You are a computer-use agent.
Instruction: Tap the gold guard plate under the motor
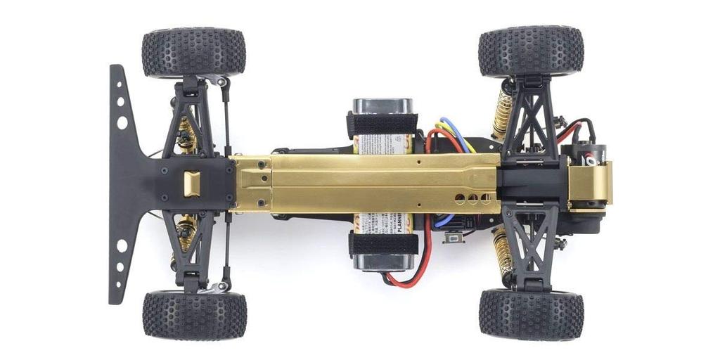tap(589, 184)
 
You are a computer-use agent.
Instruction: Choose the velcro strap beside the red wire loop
tap(383, 244)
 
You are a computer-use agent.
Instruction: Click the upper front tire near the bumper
tap(193, 52)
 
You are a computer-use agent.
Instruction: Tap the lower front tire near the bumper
tap(194, 315)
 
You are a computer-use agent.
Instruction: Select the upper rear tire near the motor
tap(531, 51)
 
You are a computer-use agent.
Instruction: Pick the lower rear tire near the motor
tap(531, 314)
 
